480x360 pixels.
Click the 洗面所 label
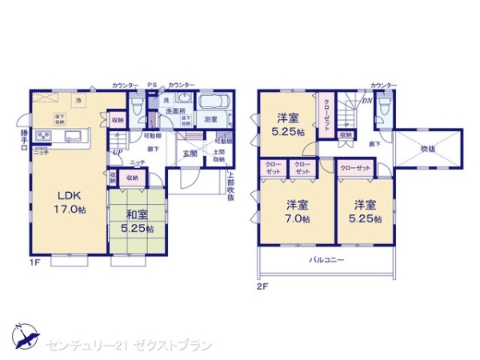(175, 110)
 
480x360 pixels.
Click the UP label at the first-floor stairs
(118, 150)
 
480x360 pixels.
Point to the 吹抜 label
(430, 147)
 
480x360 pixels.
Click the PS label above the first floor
(152, 85)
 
